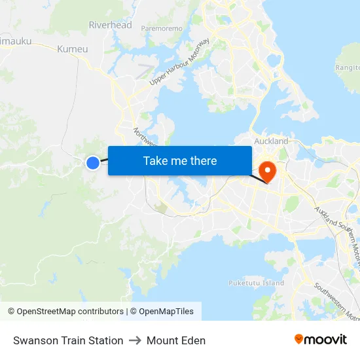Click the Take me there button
pos(180,160)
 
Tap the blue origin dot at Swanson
pos(93,162)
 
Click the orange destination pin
pos(268,171)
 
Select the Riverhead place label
pos(110,25)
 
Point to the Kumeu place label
pos(72,49)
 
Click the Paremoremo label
pos(162,29)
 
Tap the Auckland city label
pos(271,141)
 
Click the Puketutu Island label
pos(256,283)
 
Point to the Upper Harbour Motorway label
pos(179,62)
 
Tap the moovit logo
pos(320,339)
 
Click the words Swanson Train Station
pos(68,340)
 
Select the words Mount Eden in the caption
pos(176,340)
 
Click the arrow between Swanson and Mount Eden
pos(135,340)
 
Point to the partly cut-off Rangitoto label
pos(348,67)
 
